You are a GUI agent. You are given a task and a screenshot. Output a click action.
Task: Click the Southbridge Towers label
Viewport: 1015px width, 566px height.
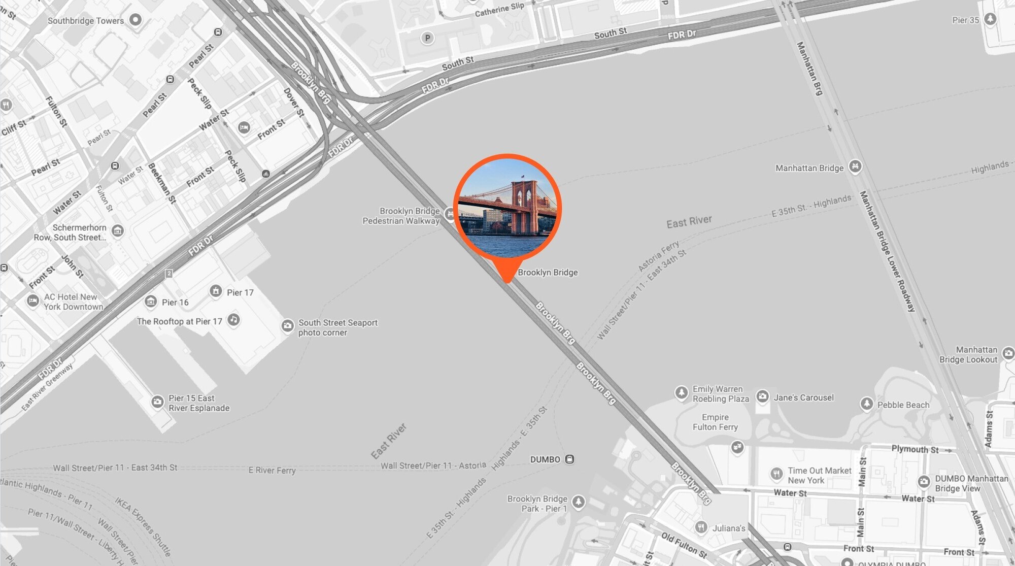click(85, 21)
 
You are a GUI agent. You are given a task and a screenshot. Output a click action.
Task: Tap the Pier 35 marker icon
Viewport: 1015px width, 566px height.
click(990, 19)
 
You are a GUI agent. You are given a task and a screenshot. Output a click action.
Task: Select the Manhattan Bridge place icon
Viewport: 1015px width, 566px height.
click(855, 167)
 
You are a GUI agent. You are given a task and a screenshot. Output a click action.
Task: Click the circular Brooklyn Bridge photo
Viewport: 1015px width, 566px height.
click(507, 208)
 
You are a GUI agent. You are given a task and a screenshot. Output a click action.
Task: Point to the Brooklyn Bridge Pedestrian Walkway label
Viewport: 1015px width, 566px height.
click(401, 216)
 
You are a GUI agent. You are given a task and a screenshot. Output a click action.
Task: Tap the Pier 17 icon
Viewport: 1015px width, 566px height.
click(216, 291)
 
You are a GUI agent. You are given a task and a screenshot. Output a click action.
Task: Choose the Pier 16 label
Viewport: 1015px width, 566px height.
click(175, 303)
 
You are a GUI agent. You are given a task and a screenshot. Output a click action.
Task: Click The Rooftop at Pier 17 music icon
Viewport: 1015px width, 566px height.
click(233, 320)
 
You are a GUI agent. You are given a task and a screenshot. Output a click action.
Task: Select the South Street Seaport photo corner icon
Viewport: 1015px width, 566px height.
click(287, 326)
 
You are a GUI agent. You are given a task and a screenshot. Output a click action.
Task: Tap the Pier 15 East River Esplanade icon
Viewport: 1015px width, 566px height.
click(157, 402)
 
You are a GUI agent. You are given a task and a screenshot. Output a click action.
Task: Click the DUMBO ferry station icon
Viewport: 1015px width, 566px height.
click(569, 459)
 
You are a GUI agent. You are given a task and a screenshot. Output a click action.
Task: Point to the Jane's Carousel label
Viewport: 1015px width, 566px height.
click(803, 398)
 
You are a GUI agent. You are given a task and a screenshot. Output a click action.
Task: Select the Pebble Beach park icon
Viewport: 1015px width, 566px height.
click(866, 404)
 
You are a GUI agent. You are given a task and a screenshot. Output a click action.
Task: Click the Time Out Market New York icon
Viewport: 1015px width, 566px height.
click(776, 474)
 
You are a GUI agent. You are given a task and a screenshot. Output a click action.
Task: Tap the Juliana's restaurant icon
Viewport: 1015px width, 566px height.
click(701, 527)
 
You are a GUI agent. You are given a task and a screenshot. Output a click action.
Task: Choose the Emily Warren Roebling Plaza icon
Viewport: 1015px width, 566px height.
click(681, 392)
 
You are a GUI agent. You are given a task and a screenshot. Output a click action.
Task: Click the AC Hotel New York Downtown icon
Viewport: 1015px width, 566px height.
click(33, 301)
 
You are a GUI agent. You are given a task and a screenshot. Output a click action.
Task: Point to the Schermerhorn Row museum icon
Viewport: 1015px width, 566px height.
click(117, 231)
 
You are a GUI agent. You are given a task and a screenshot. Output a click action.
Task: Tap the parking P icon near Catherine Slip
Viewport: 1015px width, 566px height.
click(427, 38)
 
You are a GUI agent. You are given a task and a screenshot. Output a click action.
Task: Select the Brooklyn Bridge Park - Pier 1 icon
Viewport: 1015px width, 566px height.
click(578, 503)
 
